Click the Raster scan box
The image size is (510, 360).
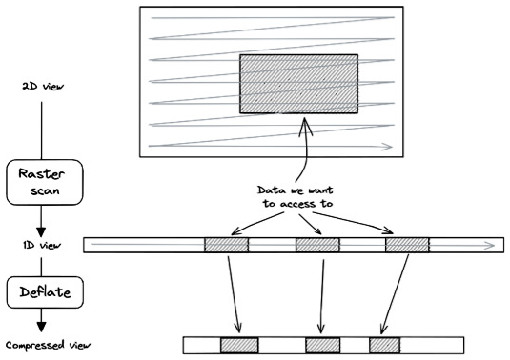coord(45,182)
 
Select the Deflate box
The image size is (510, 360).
coord(45,292)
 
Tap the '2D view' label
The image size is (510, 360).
coord(43,86)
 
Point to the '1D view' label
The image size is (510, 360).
coord(42,245)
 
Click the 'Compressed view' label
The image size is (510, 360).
coord(48,345)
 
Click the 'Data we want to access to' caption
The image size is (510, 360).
coord(296,196)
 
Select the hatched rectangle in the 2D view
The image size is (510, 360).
coord(299,84)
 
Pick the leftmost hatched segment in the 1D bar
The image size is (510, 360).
coord(226,245)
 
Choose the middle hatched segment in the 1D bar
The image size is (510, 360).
coord(317,245)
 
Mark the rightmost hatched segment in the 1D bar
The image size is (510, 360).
coord(407,245)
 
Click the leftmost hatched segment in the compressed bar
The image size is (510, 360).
coord(239,345)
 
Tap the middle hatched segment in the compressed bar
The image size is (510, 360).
coord(322,345)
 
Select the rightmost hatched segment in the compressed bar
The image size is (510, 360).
coord(384,345)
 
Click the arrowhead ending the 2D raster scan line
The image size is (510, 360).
coord(389,147)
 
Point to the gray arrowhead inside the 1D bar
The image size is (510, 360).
coord(490,246)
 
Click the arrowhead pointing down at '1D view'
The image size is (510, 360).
coord(41,232)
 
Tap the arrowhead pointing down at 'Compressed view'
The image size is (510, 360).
coord(41,327)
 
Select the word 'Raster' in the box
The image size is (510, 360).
coord(41,174)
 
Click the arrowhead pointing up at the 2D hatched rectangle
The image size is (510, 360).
coord(305,126)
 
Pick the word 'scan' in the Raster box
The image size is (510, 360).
coord(45,190)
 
